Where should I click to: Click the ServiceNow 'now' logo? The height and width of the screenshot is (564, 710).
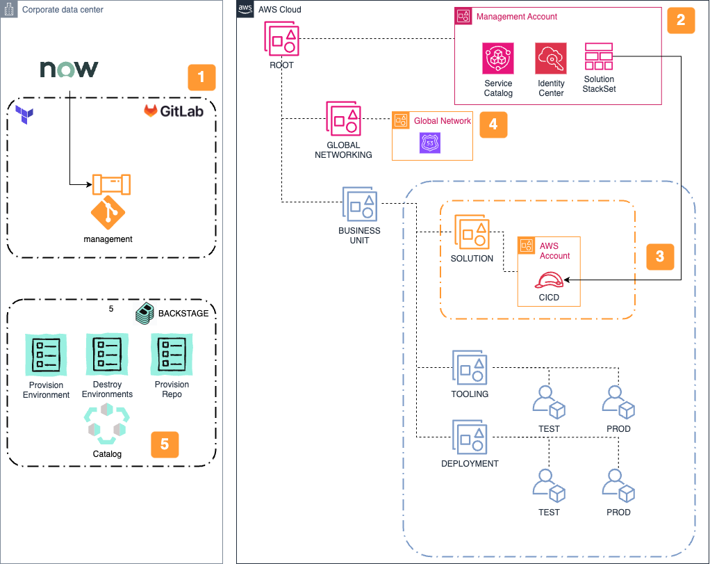[x=69, y=69]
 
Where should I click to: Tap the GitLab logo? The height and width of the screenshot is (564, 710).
[x=174, y=111]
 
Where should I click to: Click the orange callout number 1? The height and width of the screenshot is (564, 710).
[x=201, y=77]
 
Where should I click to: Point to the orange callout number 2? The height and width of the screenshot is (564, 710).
[x=681, y=20]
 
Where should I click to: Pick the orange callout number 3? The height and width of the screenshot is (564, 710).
[x=660, y=256]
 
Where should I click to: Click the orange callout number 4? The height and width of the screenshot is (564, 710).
[x=493, y=124]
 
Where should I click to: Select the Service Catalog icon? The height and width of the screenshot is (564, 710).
[x=498, y=58]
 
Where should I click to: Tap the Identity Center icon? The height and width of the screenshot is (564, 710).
[x=551, y=58]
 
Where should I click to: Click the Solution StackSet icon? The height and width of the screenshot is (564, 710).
[x=599, y=56]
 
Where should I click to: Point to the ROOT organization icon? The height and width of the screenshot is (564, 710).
[x=281, y=39]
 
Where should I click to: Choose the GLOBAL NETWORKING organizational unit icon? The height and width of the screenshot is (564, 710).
[x=344, y=119]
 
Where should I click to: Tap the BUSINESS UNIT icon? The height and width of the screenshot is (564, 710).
[x=359, y=204]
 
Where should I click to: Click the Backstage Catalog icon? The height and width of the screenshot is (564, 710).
[x=107, y=424]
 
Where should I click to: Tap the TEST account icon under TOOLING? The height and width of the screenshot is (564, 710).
[x=549, y=403]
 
